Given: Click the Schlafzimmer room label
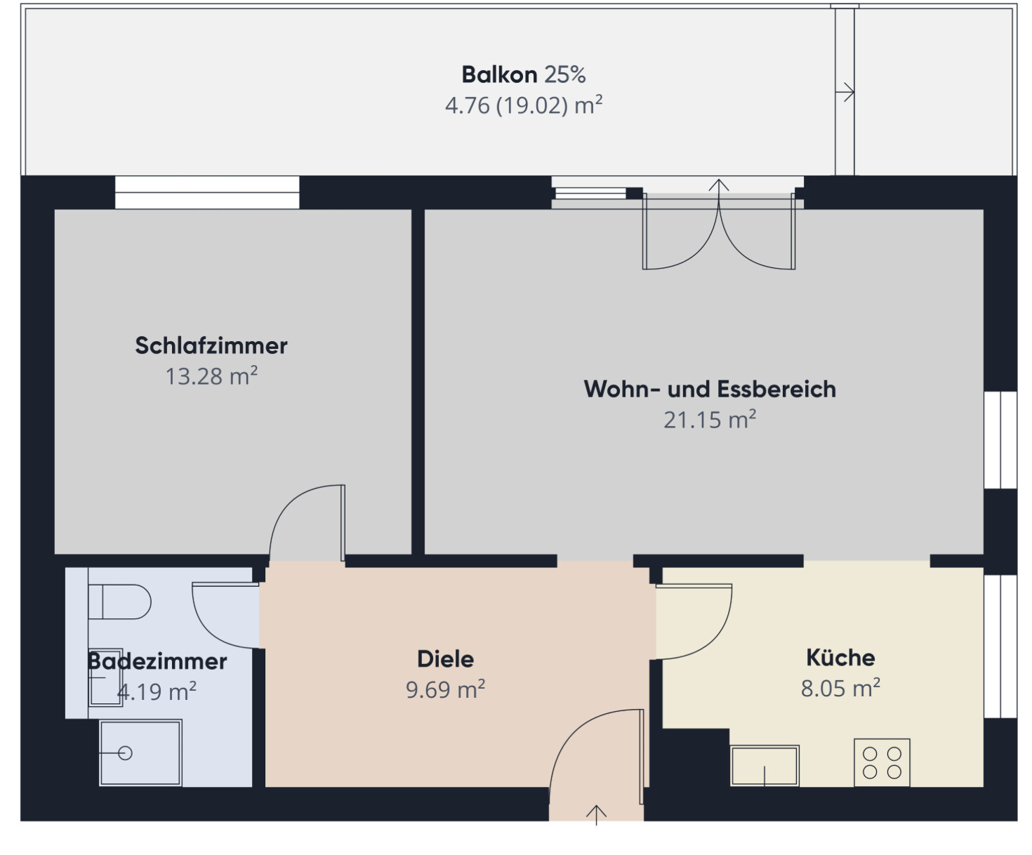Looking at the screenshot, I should pyautogui.click(x=211, y=345).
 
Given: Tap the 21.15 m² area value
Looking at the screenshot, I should pyautogui.click(x=710, y=420).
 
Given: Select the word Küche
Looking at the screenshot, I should pyautogui.click(x=840, y=658).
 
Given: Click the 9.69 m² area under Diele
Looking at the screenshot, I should pyautogui.click(x=445, y=689).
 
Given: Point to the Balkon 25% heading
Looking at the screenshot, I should pyautogui.click(x=524, y=74).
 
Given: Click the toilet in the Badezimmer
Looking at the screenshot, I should pyautogui.click(x=121, y=602).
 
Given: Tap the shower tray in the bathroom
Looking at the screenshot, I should pyautogui.click(x=140, y=753).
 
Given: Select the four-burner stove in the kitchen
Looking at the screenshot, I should pyautogui.click(x=882, y=762).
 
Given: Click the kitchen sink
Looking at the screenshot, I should pyautogui.click(x=765, y=765).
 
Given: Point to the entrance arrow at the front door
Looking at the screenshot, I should pyautogui.click(x=596, y=814).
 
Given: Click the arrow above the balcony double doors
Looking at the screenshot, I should pyautogui.click(x=719, y=187).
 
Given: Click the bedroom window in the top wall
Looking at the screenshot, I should pyautogui.click(x=207, y=192).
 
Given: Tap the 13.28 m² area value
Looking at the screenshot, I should pyautogui.click(x=211, y=376).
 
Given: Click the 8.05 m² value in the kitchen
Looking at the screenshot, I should pyautogui.click(x=840, y=688).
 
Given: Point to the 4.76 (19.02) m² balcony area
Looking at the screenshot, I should pyautogui.click(x=524, y=105).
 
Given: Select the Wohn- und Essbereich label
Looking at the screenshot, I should pyautogui.click(x=710, y=389).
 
